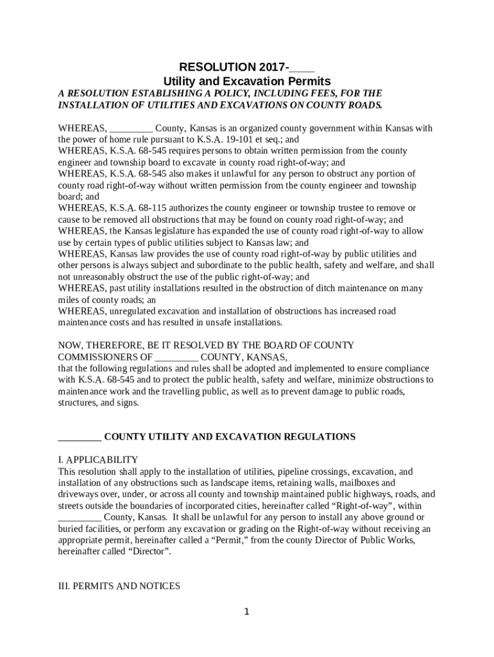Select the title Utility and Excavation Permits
click(246, 81)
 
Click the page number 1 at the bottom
click(246, 611)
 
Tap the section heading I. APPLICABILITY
click(98, 459)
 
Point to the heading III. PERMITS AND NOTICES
click(119, 586)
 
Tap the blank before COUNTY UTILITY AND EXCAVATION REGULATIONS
click(80, 437)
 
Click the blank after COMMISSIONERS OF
click(176, 357)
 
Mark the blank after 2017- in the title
click(302, 67)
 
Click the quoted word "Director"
click(151, 552)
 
